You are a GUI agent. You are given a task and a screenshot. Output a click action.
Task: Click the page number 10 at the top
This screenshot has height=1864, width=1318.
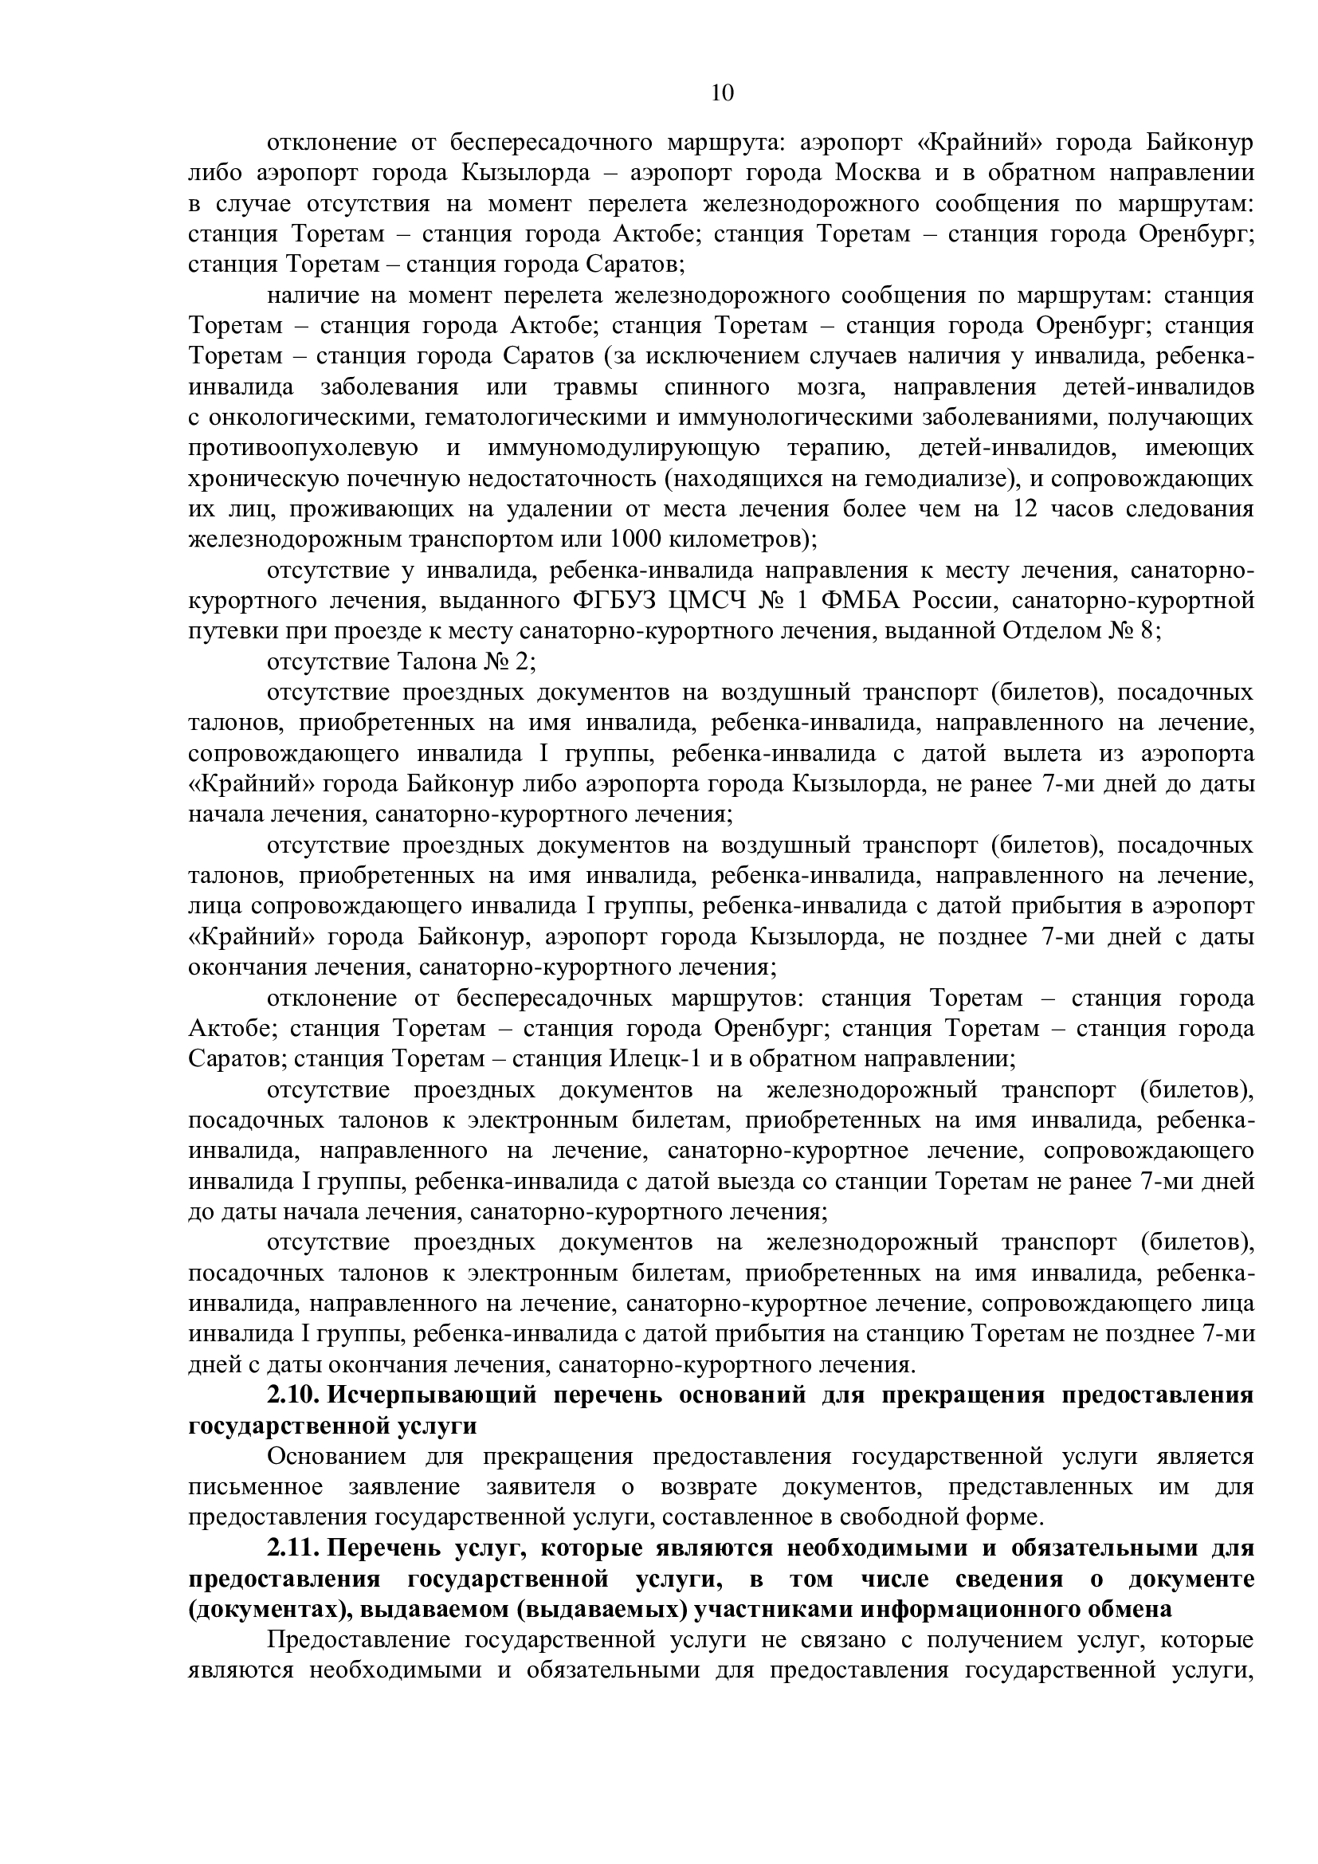click(x=721, y=92)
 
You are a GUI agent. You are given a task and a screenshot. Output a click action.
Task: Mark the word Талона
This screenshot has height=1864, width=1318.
click(x=437, y=662)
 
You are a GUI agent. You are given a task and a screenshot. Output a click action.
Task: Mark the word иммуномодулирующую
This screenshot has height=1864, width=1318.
click(x=624, y=448)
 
